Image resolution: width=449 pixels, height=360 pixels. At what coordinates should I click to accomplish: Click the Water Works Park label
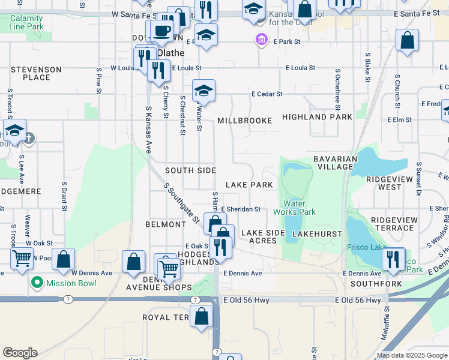point(294,208)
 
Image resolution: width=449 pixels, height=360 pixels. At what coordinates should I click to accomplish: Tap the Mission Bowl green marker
point(37,281)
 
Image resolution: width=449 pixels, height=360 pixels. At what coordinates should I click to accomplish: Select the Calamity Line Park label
point(27,23)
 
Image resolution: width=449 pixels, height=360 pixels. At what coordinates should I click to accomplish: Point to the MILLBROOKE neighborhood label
point(244,121)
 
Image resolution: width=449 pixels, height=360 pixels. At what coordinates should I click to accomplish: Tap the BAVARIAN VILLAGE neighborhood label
point(336,163)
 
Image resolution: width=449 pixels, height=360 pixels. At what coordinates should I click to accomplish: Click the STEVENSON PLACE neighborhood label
point(36,74)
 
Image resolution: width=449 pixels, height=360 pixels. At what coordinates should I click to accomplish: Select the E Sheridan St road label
point(240,209)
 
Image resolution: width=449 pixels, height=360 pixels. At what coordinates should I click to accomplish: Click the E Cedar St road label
point(267,94)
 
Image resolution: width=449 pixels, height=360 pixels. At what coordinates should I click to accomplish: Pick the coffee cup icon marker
point(161,31)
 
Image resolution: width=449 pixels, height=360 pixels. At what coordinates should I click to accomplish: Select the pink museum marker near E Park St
point(261,41)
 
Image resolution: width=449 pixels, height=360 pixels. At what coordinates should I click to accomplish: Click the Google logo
point(20,353)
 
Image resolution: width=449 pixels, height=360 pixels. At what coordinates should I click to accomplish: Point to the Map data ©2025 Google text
point(411,355)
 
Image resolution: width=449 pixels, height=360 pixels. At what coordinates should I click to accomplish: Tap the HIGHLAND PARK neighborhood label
point(317,117)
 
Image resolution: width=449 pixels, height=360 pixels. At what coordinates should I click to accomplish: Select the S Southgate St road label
point(182,204)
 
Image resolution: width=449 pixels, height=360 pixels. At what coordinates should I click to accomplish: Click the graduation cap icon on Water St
point(203,91)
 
